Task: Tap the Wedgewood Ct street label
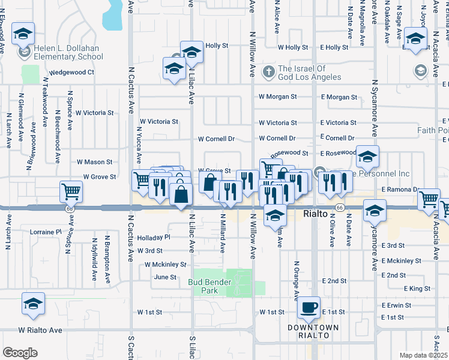[x=72, y=73]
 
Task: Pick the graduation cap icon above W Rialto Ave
[x=34, y=304]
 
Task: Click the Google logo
[x=20, y=352]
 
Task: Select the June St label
[x=165, y=277]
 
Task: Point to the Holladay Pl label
[x=154, y=238]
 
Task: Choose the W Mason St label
[x=94, y=162]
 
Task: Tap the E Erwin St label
[x=396, y=305]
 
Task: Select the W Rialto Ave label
[x=40, y=330]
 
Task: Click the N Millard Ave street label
[x=222, y=232]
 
